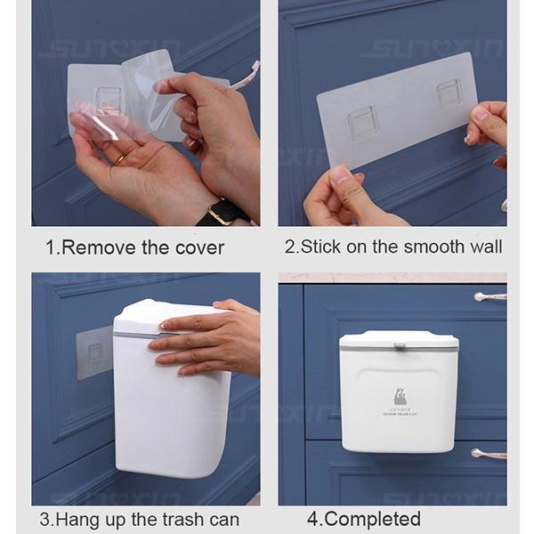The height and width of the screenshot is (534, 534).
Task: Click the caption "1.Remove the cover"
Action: coord(134,247)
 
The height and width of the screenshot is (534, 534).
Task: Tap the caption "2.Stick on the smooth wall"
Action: coord(393,247)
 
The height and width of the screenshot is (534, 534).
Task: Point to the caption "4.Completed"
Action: coord(364,519)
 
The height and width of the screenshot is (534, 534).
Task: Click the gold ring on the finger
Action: coord(120,159)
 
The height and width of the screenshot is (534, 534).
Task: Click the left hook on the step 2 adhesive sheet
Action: coord(363,124)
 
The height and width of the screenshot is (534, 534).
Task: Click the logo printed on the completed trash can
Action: coord(398,397)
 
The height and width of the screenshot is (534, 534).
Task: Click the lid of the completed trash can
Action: coord(399,339)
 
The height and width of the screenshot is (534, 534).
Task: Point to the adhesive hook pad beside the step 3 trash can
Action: coord(94,352)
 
